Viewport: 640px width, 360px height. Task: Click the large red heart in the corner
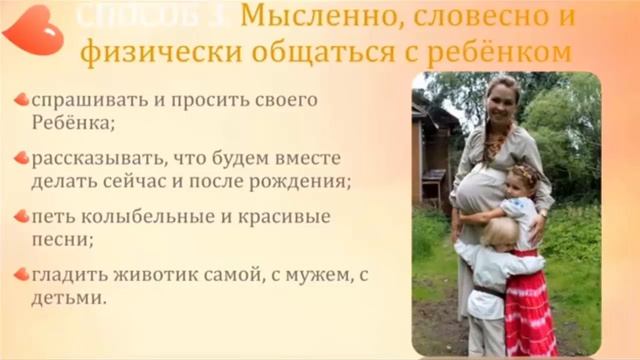[x=31, y=29]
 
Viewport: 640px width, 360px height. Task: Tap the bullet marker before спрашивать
[x=20, y=100]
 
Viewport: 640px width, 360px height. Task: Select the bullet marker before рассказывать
[x=20, y=158]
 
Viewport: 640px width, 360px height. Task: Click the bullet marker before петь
[x=20, y=216]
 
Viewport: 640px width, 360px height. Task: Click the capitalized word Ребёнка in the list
[x=70, y=125]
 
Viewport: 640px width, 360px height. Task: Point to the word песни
[x=59, y=241]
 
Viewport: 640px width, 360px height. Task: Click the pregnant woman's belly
[x=476, y=190]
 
